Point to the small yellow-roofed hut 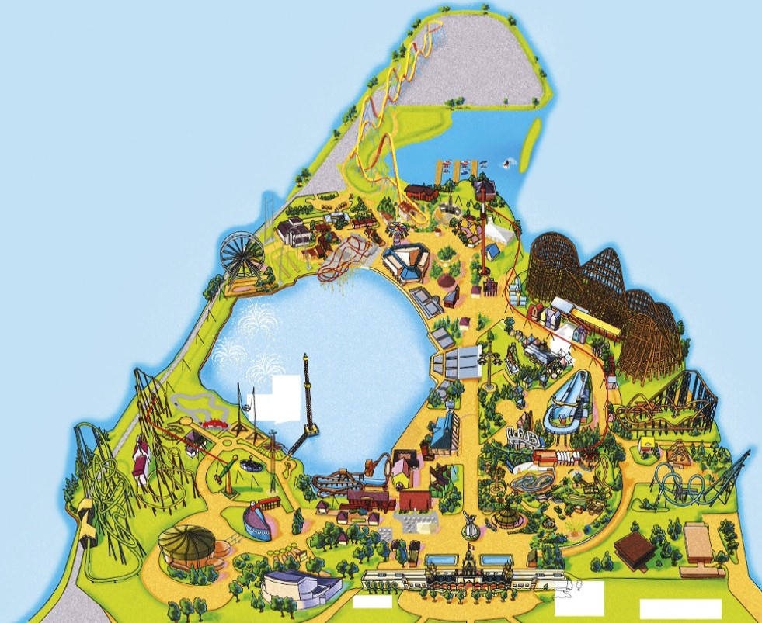[648, 445]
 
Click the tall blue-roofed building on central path [446, 429]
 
